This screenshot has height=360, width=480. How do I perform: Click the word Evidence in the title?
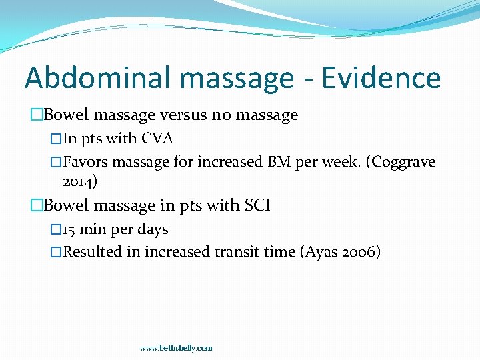(x=381, y=77)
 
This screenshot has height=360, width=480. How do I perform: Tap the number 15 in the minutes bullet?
(x=69, y=229)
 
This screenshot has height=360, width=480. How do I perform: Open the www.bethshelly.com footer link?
(x=176, y=348)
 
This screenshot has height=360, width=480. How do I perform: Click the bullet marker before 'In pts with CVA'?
(x=56, y=139)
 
